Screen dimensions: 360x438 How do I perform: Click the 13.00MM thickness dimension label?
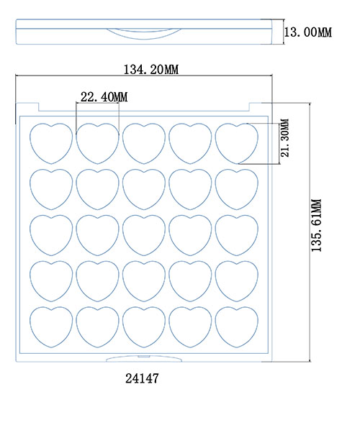tap(307, 32)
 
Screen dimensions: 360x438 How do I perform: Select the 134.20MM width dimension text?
tap(151, 69)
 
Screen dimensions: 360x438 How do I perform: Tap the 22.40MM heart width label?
tap(104, 97)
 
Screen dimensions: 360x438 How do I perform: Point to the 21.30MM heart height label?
tap(284, 137)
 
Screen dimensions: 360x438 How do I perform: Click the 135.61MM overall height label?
tap(316, 225)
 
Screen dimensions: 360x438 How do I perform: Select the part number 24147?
tap(142, 378)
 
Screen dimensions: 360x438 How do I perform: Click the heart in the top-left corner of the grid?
tap(51, 143)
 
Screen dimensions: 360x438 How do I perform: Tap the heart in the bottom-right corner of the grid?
tap(237, 327)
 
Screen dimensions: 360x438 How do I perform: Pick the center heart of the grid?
tap(144, 235)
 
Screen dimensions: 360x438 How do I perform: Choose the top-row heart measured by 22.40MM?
tap(98, 143)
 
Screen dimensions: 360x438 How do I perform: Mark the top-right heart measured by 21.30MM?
tap(237, 143)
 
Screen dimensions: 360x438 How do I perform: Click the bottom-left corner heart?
tap(51, 327)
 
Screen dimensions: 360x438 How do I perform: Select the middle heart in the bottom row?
tap(144, 327)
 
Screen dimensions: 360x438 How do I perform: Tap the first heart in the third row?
tap(51, 235)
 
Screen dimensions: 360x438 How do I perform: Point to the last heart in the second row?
tap(237, 189)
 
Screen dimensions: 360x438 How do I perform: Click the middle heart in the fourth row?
tap(144, 281)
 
